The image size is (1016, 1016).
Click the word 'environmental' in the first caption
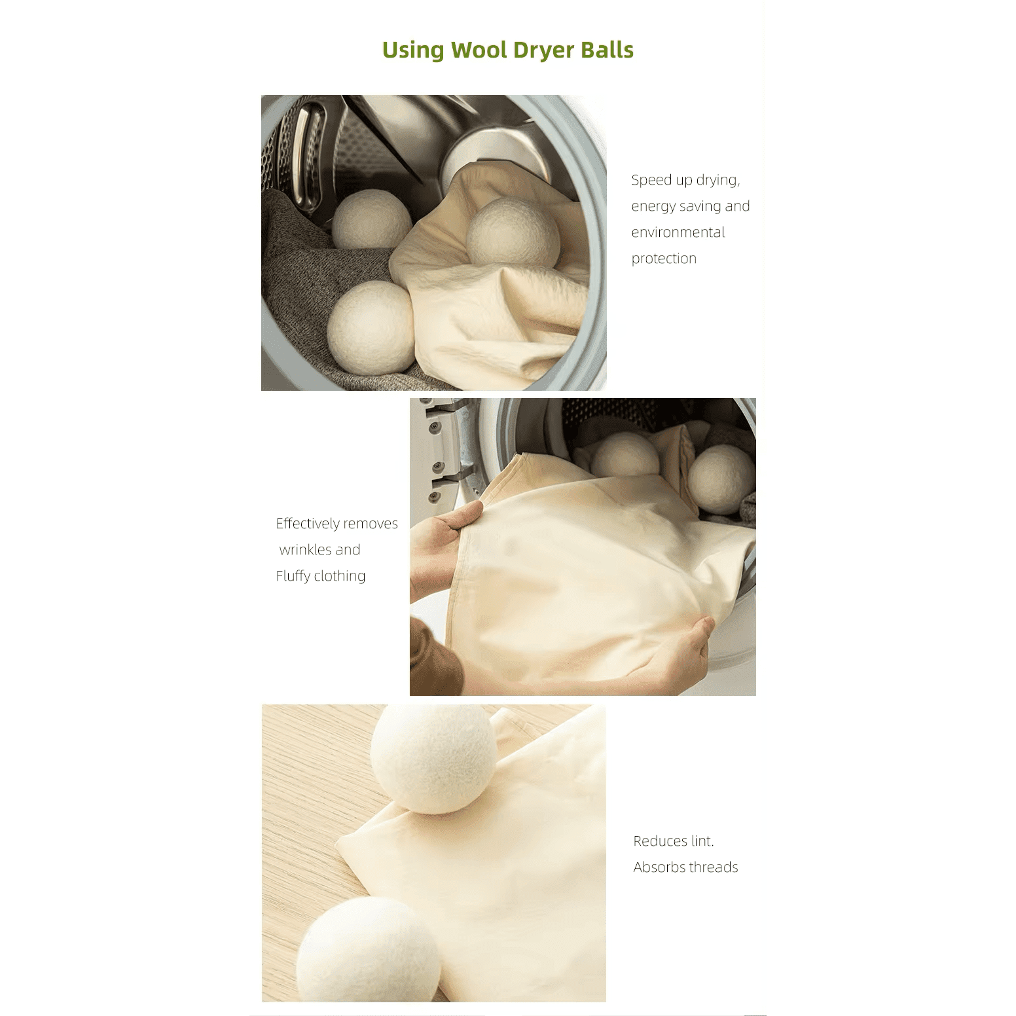678,232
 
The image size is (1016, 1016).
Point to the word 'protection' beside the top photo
664,259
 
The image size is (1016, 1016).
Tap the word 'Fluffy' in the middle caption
293,576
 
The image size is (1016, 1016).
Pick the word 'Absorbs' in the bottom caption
659,867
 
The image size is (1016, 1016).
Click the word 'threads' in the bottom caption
713,867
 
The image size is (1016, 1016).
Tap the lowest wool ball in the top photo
371,325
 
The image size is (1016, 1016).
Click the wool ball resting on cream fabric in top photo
513,232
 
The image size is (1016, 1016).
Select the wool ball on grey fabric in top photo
371,219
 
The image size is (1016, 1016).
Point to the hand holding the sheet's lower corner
681,651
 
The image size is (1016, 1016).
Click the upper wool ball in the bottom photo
433,759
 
